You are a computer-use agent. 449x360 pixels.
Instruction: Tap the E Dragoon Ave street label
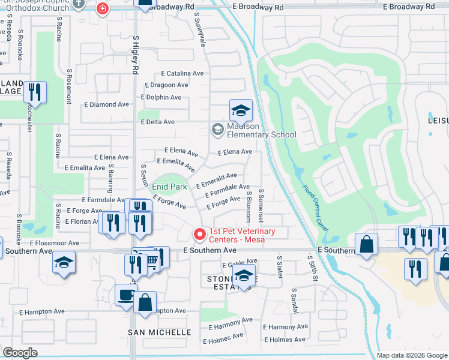(164, 85)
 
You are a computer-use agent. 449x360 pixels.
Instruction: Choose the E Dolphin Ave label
(161, 97)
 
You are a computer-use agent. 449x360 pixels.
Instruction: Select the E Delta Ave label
(157, 122)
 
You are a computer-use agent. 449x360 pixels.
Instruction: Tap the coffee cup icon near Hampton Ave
(125, 295)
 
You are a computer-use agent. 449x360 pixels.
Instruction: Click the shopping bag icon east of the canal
(366, 245)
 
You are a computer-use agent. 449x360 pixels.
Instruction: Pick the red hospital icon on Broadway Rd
(103, 8)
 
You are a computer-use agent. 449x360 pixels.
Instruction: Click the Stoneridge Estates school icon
(244, 276)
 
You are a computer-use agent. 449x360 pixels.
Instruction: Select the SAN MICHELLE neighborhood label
(160, 332)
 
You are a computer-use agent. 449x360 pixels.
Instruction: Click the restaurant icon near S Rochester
(35, 92)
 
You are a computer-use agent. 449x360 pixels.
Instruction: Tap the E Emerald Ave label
(220, 178)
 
